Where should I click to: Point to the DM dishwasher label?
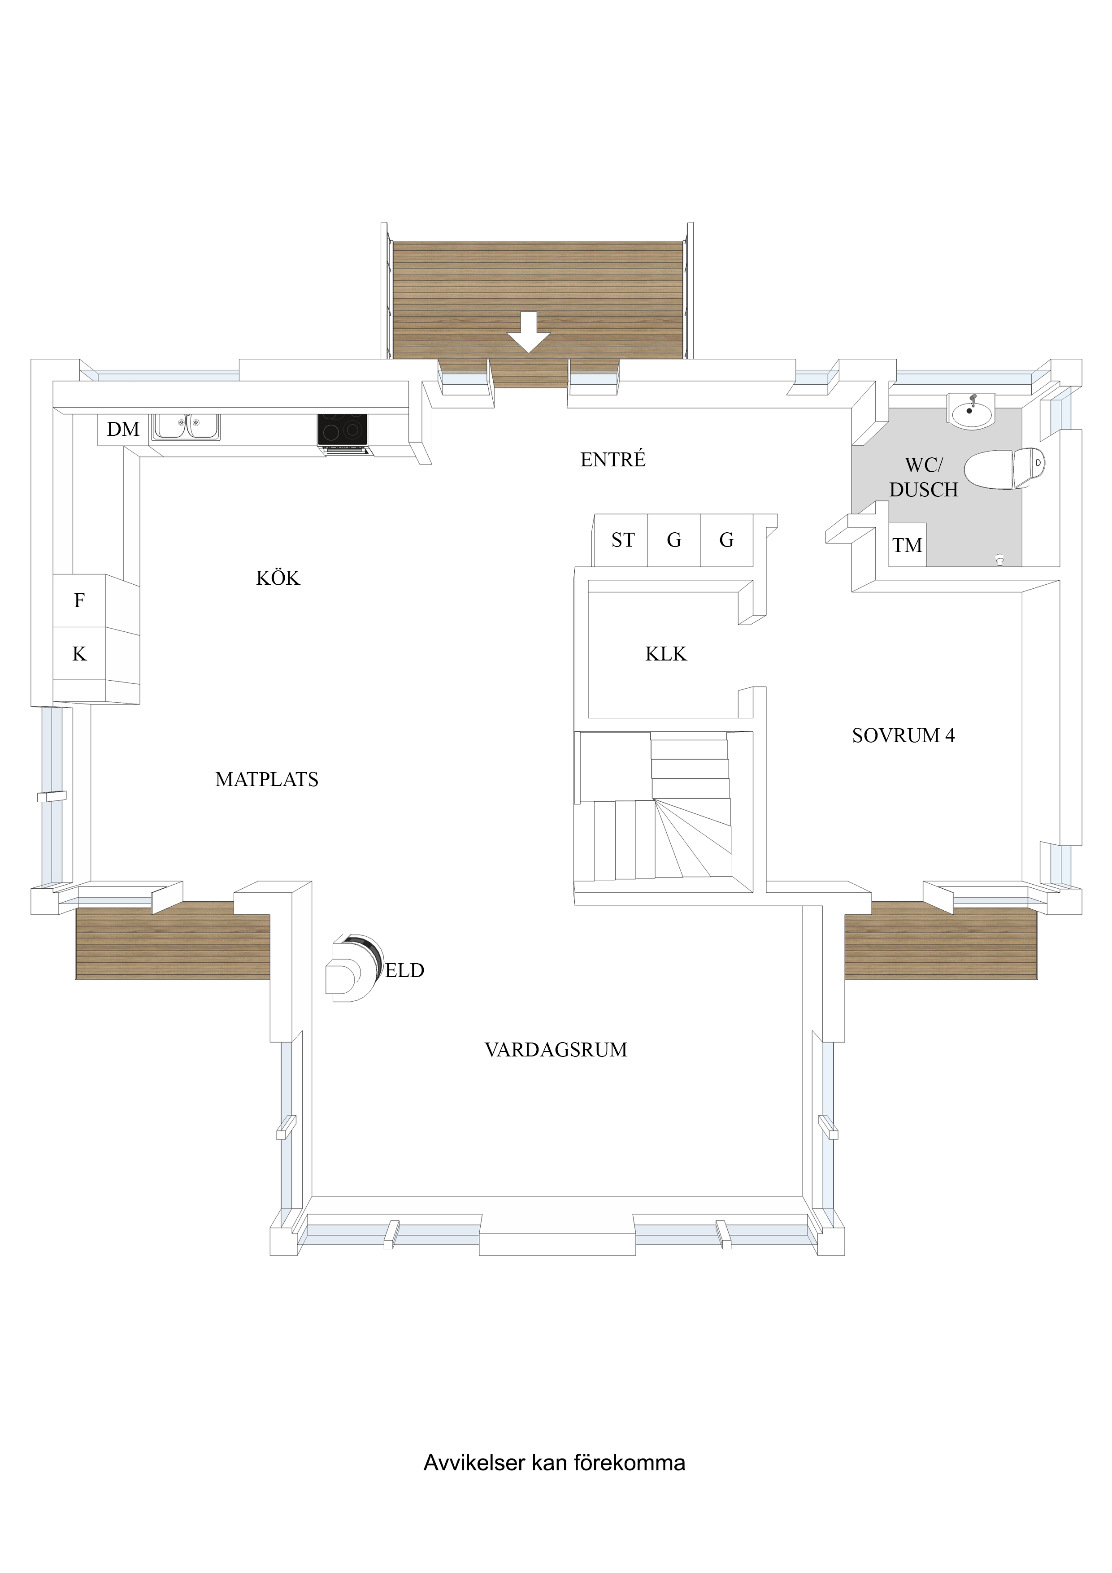tap(123, 430)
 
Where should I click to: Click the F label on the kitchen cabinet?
tap(79, 601)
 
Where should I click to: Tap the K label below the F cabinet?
tap(79, 654)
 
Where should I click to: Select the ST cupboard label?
tap(623, 540)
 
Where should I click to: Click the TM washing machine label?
tap(907, 546)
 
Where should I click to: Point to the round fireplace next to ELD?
tap(353, 969)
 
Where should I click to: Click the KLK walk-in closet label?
tap(666, 654)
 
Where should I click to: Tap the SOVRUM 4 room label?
tap(903, 736)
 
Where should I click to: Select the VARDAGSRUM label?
tap(556, 1050)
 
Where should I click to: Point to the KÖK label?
tap(278, 578)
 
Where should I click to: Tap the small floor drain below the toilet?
tap(999, 559)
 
